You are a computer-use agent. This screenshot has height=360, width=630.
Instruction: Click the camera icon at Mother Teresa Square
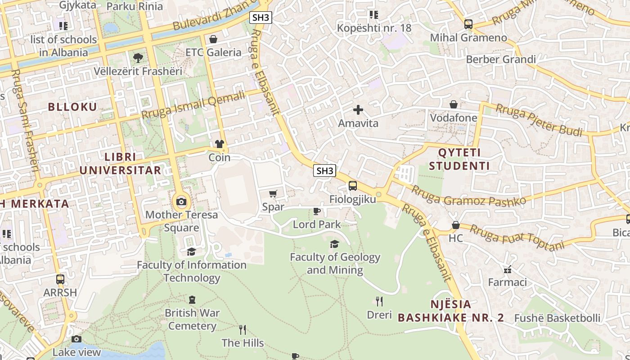(x=181, y=202)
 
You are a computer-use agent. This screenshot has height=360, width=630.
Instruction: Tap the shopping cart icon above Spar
(x=273, y=194)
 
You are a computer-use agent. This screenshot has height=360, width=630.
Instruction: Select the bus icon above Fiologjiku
(x=353, y=186)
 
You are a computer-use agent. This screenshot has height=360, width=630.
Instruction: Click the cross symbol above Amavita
(x=358, y=110)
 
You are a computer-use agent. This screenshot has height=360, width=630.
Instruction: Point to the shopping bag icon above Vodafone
(x=454, y=104)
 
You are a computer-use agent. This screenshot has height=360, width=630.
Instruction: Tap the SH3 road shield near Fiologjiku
(x=325, y=171)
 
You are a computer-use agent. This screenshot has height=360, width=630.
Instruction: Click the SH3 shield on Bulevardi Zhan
(x=261, y=18)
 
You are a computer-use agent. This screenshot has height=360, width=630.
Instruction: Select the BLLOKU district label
(x=72, y=107)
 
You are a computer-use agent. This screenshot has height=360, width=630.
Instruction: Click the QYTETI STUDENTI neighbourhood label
(x=459, y=159)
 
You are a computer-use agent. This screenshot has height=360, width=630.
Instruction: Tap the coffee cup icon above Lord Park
(x=317, y=211)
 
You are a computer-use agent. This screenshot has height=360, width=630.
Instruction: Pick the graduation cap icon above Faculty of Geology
(x=334, y=244)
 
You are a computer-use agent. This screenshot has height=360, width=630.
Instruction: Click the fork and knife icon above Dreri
(x=379, y=301)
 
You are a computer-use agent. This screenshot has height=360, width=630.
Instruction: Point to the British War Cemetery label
(x=192, y=319)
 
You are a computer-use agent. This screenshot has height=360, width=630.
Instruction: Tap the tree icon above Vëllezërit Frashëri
(x=138, y=58)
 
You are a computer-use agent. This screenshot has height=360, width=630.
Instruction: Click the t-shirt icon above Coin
(x=220, y=144)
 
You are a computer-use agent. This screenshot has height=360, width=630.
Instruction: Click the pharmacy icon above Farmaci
(x=508, y=270)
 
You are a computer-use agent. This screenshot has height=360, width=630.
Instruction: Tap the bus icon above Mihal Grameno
(x=468, y=24)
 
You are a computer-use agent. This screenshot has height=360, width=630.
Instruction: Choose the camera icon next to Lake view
(x=76, y=339)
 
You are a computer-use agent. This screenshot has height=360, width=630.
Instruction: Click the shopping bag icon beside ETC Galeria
(x=213, y=39)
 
